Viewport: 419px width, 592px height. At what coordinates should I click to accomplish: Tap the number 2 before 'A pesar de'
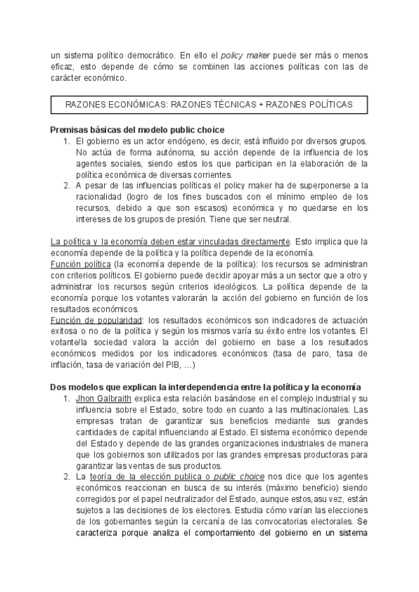(66, 185)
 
